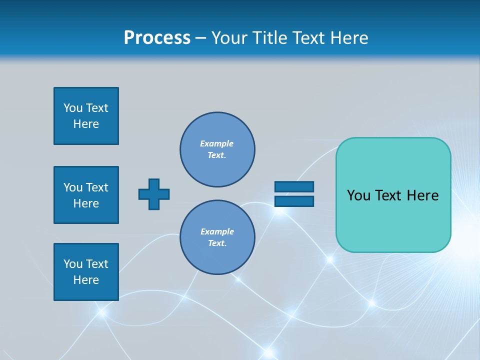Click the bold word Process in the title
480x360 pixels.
[x=157, y=38]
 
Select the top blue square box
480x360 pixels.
[x=86, y=116]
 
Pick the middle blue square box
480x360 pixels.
[x=86, y=195]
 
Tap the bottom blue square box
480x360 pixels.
[x=86, y=272]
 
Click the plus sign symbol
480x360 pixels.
[x=154, y=194]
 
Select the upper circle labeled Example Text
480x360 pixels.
[x=217, y=149]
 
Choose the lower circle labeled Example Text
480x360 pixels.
[x=217, y=237]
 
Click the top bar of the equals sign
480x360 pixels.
[x=294, y=187]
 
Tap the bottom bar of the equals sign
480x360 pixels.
[x=294, y=201]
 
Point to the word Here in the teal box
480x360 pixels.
[x=422, y=195]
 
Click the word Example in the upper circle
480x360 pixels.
[x=217, y=143]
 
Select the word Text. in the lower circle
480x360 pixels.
[x=217, y=243]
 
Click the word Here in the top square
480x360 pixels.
[x=86, y=124]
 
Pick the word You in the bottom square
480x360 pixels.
[x=73, y=264]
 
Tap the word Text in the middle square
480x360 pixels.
[x=97, y=187]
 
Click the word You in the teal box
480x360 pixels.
[x=358, y=195]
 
